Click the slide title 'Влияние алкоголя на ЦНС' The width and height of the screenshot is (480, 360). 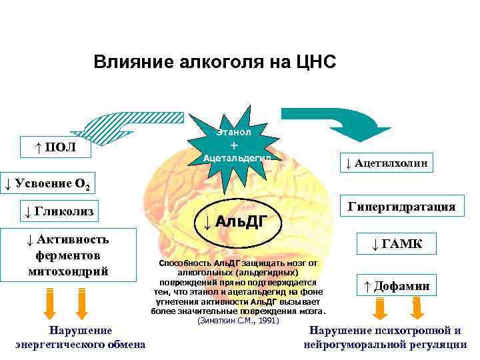click(215, 63)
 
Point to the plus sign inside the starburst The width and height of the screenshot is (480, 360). click(233, 145)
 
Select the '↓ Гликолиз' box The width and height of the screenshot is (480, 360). click(57, 213)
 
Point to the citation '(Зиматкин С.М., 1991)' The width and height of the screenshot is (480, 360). click(237, 321)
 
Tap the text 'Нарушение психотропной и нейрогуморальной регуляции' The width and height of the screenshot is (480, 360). click(385, 337)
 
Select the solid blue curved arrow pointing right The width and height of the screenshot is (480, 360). click(353, 123)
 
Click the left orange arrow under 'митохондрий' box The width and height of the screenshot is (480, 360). click(50, 303)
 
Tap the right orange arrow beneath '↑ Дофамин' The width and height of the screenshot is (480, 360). click(417, 310)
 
